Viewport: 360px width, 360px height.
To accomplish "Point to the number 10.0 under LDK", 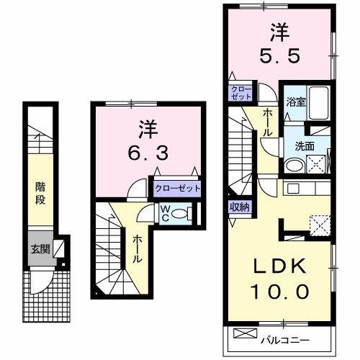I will click(282, 292).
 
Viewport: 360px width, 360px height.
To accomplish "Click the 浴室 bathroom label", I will click(297, 102).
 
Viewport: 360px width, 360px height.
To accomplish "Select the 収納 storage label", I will click(240, 207).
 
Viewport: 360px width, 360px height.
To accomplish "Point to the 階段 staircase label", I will click(41, 192).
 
